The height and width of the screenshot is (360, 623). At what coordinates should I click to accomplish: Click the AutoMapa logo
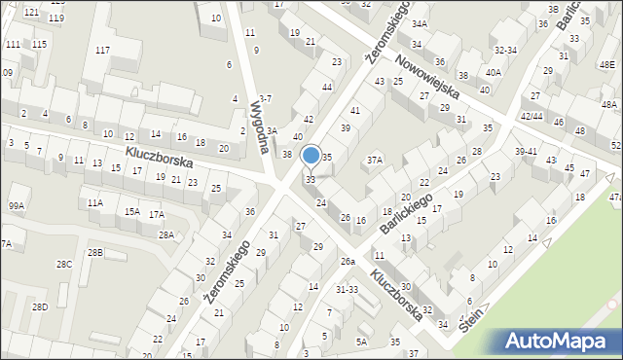tap(561, 342)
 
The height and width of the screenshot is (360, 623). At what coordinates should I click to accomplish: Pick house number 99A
tap(16, 205)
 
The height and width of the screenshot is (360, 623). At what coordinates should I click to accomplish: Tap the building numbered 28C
tap(63, 264)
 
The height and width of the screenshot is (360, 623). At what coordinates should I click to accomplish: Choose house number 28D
tap(39, 306)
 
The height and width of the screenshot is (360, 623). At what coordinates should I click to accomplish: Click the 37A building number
tap(375, 159)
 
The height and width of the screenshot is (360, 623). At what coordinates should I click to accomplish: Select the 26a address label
tap(348, 261)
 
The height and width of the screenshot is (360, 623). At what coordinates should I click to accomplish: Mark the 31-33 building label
tap(347, 289)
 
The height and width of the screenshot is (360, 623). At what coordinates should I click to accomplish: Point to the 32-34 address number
tap(505, 49)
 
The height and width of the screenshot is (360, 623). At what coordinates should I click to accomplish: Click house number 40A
tap(494, 71)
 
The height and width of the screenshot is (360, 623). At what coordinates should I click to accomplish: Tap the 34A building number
tap(419, 23)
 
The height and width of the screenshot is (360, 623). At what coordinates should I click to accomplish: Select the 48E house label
tap(606, 64)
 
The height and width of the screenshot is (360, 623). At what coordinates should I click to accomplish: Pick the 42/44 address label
tap(531, 116)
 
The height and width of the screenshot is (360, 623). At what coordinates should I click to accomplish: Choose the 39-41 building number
tap(526, 151)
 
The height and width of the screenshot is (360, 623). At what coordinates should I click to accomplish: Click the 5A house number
tap(361, 342)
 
